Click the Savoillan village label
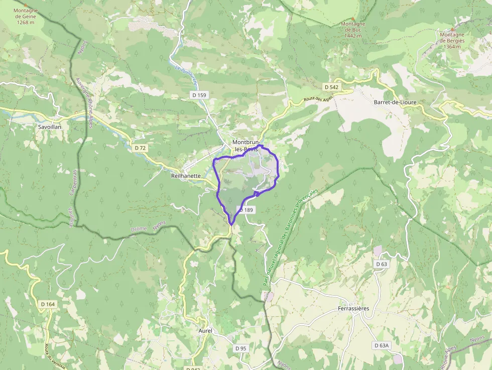click(50, 128)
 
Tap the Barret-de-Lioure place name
click(395, 102)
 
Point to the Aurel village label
click(206, 330)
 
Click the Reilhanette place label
click(186, 176)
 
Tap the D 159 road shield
click(199, 95)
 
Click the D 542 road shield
click(331, 87)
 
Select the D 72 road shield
click(141, 148)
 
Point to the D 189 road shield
click(247, 210)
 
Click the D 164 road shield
click(48, 304)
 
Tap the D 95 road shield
click(241, 348)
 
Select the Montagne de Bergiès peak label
click(452, 41)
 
